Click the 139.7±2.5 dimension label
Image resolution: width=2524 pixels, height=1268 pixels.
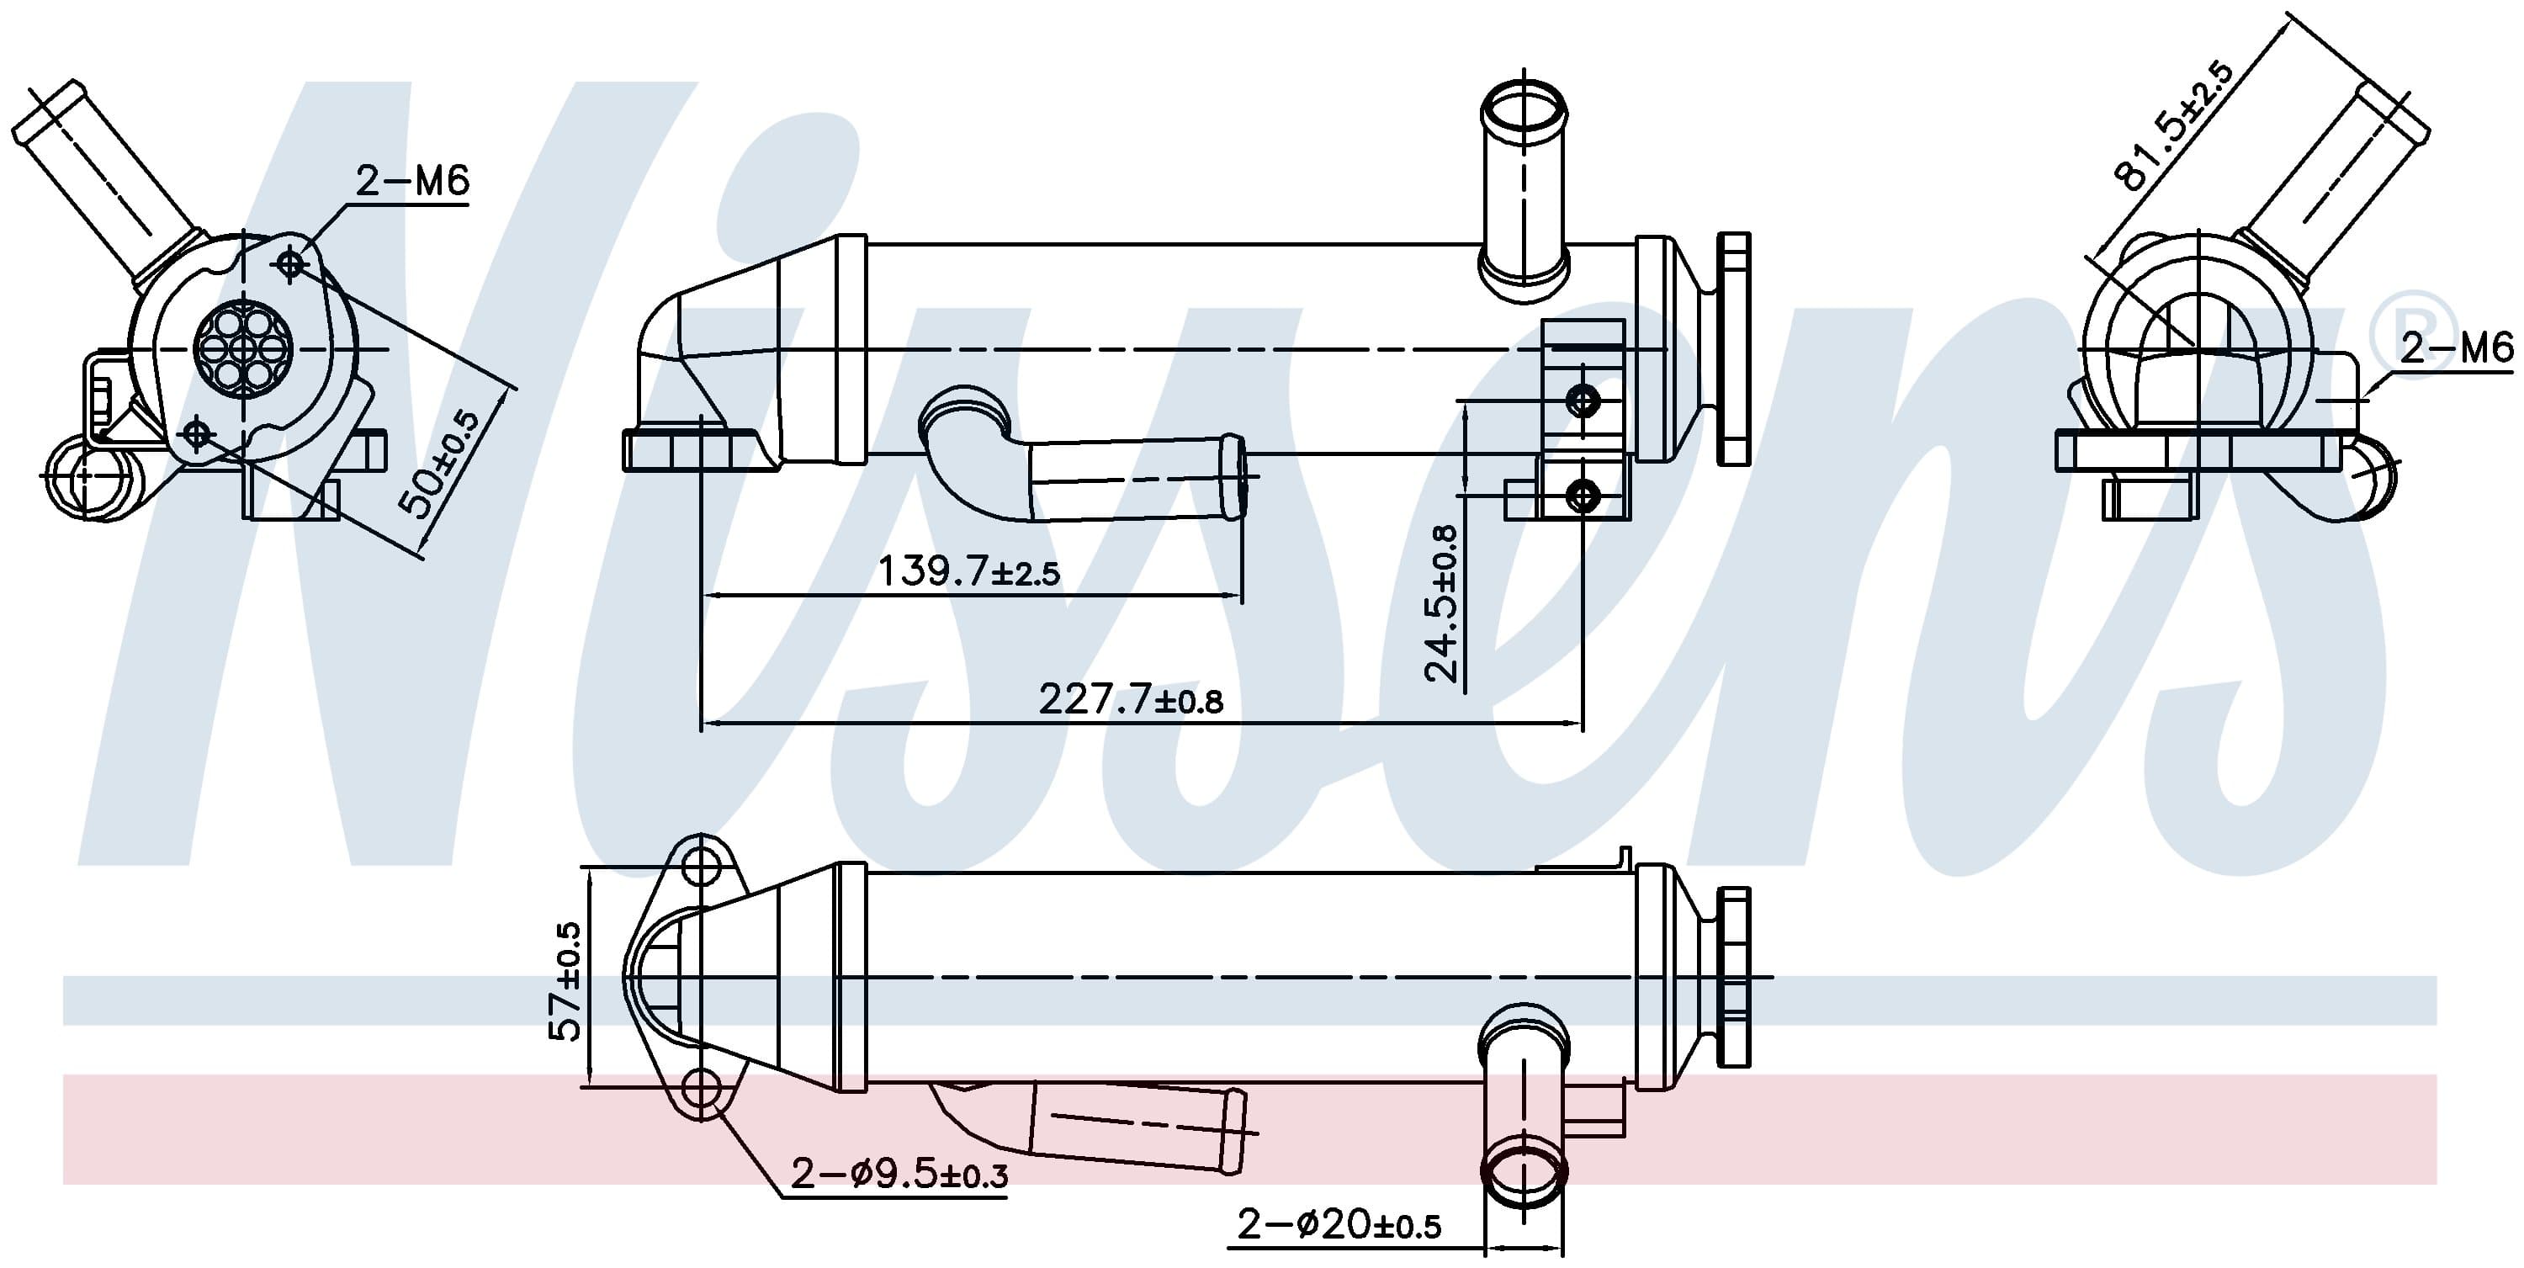coord(968,571)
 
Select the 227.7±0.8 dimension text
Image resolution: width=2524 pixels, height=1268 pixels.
coord(1131,700)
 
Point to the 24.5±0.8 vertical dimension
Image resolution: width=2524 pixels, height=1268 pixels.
coord(1441,602)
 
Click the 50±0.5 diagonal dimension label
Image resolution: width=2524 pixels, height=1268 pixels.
coord(440,464)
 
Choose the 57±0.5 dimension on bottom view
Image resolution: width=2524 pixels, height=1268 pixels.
coord(567,982)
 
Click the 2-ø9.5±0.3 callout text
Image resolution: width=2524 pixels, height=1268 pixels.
coord(899,1173)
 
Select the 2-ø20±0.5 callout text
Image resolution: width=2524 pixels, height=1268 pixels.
coord(1339,1224)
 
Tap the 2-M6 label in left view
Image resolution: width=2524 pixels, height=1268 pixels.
coord(412,181)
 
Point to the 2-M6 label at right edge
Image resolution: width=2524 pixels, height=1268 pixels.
coord(2457,348)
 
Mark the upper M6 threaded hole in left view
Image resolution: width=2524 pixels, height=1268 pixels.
coord(291,263)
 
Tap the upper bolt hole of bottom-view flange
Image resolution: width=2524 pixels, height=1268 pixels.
coord(702,867)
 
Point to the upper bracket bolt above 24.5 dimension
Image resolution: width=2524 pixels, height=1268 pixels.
coord(1583,400)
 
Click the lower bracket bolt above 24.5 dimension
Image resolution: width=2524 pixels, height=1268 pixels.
coord(1583,496)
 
